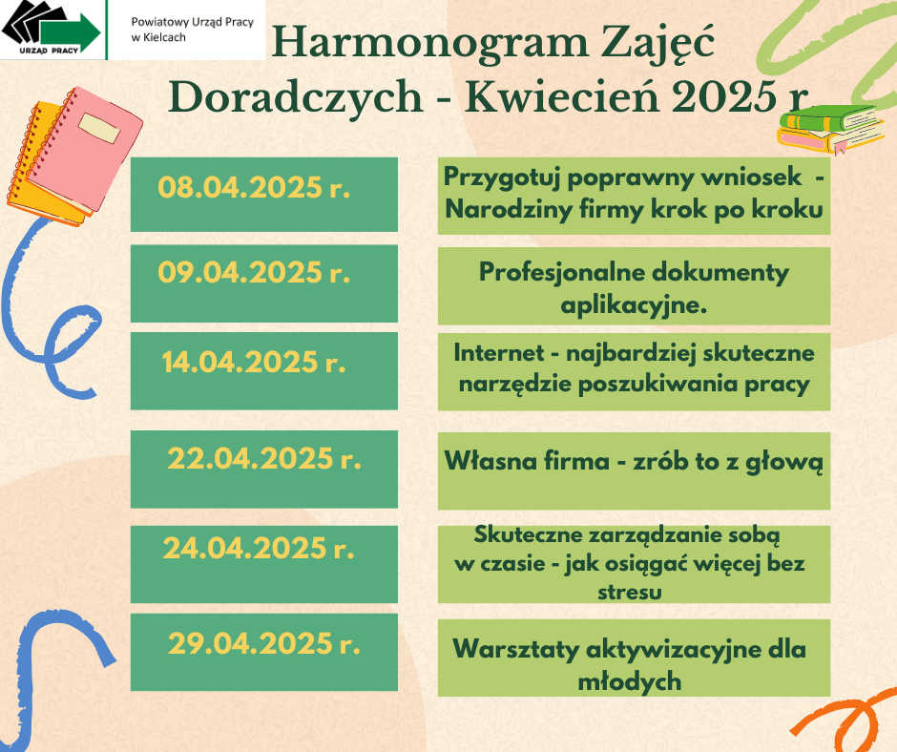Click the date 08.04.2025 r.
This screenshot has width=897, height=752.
254,187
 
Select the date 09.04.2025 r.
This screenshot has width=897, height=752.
254,272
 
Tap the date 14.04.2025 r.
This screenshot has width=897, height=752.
254,362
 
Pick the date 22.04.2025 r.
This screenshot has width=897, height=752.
264,458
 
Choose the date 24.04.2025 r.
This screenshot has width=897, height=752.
259,548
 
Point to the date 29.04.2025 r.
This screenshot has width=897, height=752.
264,643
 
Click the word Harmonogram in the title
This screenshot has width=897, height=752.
429,43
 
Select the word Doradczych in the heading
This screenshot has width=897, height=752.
296,97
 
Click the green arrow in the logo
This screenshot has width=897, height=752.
71,32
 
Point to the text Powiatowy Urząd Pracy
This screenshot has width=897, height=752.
192,22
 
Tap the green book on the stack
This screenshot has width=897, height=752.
829,117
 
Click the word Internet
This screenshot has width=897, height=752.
498,352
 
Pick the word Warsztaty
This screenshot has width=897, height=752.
515,649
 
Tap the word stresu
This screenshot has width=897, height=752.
629,591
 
